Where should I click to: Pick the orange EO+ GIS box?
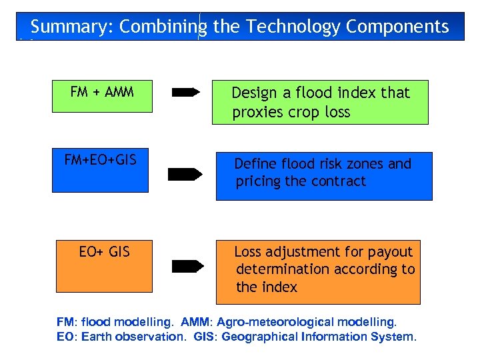[x=104, y=265]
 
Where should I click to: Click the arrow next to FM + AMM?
[x=186, y=93]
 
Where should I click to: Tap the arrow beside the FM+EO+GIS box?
[x=185, y=175]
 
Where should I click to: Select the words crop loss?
[x=319, y=113]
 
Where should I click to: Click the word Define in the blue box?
[x=255, y=164]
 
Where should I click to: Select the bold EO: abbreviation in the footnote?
[x=67, y=337]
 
